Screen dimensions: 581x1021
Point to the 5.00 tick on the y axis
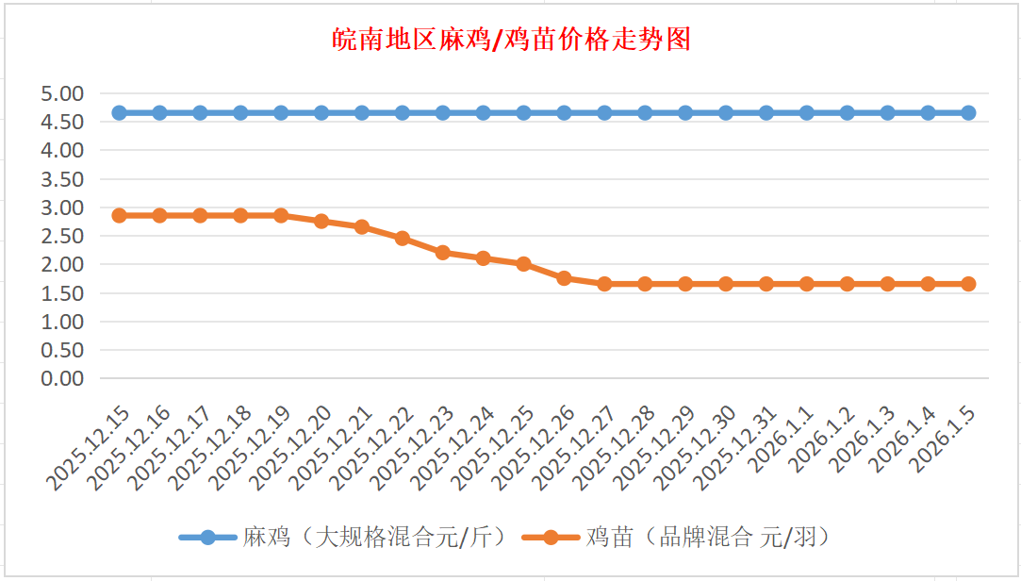point(62,93)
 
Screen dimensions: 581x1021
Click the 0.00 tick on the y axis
point(62,378)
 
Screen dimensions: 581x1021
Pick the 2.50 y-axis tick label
point(62,236)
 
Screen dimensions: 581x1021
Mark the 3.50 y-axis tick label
point(62,178)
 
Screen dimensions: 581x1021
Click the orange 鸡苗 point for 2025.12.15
point(120,215)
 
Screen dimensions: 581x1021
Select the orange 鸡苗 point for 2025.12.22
point(403,238)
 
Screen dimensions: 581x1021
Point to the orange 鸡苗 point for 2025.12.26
point(564,278)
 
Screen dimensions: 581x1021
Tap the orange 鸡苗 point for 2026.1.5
point(968,284)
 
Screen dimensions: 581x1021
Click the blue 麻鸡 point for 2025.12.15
point(120,113)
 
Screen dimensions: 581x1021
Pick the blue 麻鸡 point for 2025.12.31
point(766,113)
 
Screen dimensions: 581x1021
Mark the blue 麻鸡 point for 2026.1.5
point(968,113)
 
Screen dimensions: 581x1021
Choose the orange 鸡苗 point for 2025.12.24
point(484,257)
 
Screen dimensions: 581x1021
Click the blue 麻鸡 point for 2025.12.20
point(321,113)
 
